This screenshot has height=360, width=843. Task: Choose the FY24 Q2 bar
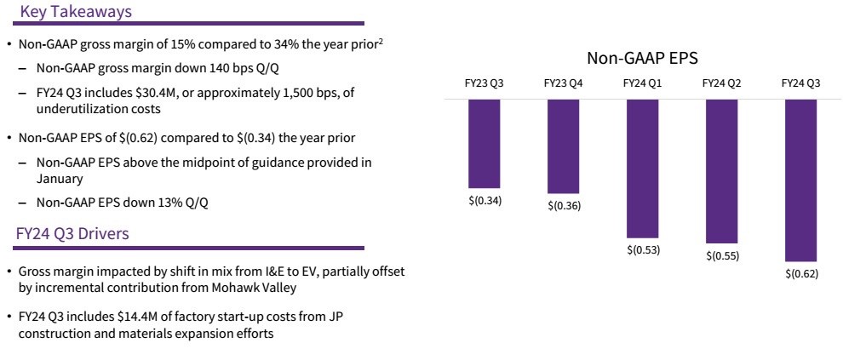(721, 170)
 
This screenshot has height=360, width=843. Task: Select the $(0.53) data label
(642, 249)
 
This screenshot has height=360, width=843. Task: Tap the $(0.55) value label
(721, 255)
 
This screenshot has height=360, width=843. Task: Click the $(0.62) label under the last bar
(800, 274)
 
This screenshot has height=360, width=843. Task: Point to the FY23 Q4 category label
(564, 84)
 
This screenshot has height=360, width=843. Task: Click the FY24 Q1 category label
(642, 84)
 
